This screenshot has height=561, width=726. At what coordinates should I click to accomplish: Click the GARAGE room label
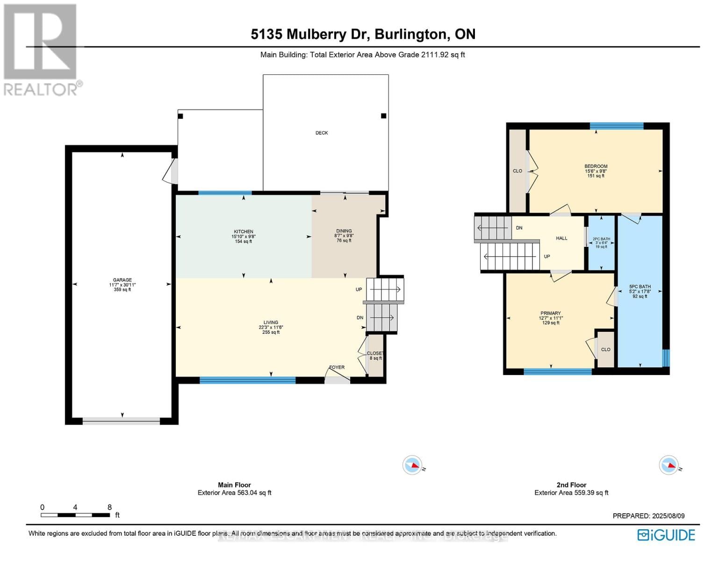pyautogui.click(x=122, y=280)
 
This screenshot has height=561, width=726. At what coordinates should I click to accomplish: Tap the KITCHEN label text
pyautogui.click(x=244, y=231)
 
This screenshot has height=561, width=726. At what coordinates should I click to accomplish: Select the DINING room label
pyautogui.click(x=344, y=231)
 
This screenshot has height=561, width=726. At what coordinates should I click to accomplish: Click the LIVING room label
pyautogui.click(x=271, y=323)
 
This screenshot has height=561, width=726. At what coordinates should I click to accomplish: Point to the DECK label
pyautogui.click(x=322, y=133)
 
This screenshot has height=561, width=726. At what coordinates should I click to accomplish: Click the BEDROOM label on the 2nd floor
pyautogui.click(x=596, y=166)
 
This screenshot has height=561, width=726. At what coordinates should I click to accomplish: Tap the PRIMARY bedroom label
pyautogui.click(x=550, y=313)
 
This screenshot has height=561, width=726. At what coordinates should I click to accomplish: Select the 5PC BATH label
pyautogui.click(x=640, y=287)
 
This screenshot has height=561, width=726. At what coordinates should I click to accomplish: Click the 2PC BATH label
pyautogui.click(x=601, y=239)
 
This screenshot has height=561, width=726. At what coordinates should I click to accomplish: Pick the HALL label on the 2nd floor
pyautogui.click(x=561, y=238)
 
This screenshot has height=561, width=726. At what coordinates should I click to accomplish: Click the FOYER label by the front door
pyautogui.click(x=337, y=367)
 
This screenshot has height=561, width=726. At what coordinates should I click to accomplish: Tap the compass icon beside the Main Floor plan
pyautogui.click(x=412, y=465)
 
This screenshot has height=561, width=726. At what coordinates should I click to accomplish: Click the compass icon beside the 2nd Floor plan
pyautogui.click(x=668, y=465)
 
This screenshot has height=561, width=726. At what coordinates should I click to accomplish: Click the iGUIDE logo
pyautogui.click(x=666, y=535)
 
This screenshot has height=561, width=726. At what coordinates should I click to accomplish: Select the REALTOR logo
pyautogui.click(x=41, y=49)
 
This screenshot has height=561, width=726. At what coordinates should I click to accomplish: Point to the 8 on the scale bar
pyautogui.click(x=109, y=507)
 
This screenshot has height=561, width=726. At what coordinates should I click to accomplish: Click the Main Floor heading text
pyautogui.click(x=234, y=485)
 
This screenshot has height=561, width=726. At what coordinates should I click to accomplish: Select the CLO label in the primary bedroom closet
pyautogui.click(x=605, y=350)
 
